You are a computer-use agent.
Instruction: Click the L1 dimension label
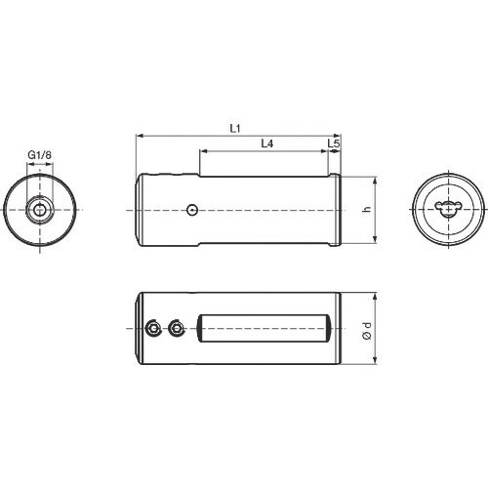(x=235, y=129)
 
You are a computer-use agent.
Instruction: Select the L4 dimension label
(x=267, y=143)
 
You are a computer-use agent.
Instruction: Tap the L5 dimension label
(x=334, y=143)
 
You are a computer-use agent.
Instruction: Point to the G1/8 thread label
(x=40, y=155)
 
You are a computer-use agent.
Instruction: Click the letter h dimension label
(x=367, y=209)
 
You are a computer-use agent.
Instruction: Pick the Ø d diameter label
(x=367, y=331)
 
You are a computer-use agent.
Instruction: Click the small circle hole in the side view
(x=192, y=210)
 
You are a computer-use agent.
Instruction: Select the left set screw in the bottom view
(x=153, y=329)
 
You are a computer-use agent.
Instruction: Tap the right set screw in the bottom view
(x=176, y=329)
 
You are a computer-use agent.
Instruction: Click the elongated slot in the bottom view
(x=264, y=328)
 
